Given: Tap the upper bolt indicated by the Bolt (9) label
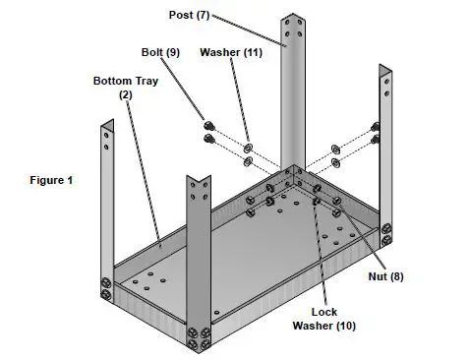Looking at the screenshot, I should (208, 126).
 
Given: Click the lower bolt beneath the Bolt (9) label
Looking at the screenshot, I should (208, 139).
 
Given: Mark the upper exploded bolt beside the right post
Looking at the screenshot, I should (376, 127).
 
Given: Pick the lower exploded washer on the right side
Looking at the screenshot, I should (337, 162).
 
